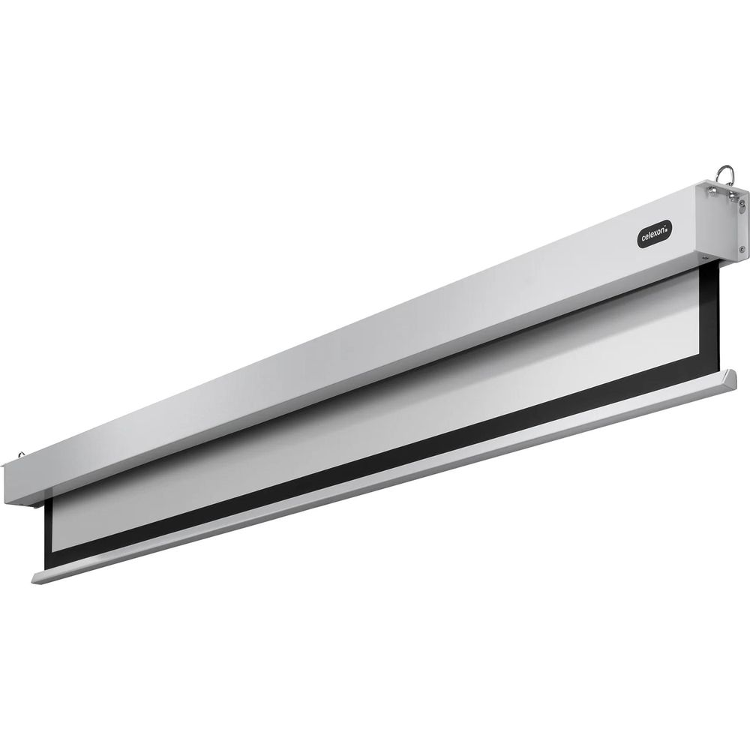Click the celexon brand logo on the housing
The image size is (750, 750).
point(654,233)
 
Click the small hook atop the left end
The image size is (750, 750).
point(21,454)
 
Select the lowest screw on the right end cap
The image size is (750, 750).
point(742,249)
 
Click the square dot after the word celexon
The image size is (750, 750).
point(669,228)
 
